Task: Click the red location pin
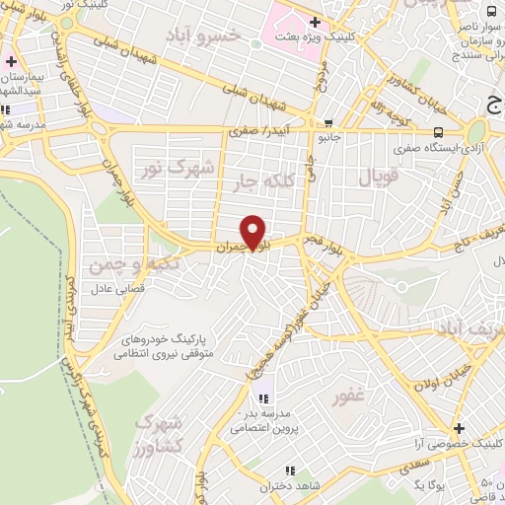coord(253,233)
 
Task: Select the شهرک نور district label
coord(180,168)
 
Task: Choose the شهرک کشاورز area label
coord(157,435)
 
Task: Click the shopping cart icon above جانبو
coord(327,123)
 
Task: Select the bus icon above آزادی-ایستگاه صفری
coord(437,131)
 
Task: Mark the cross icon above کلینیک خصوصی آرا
coord(458,429)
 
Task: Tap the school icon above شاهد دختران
coord(289,470)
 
